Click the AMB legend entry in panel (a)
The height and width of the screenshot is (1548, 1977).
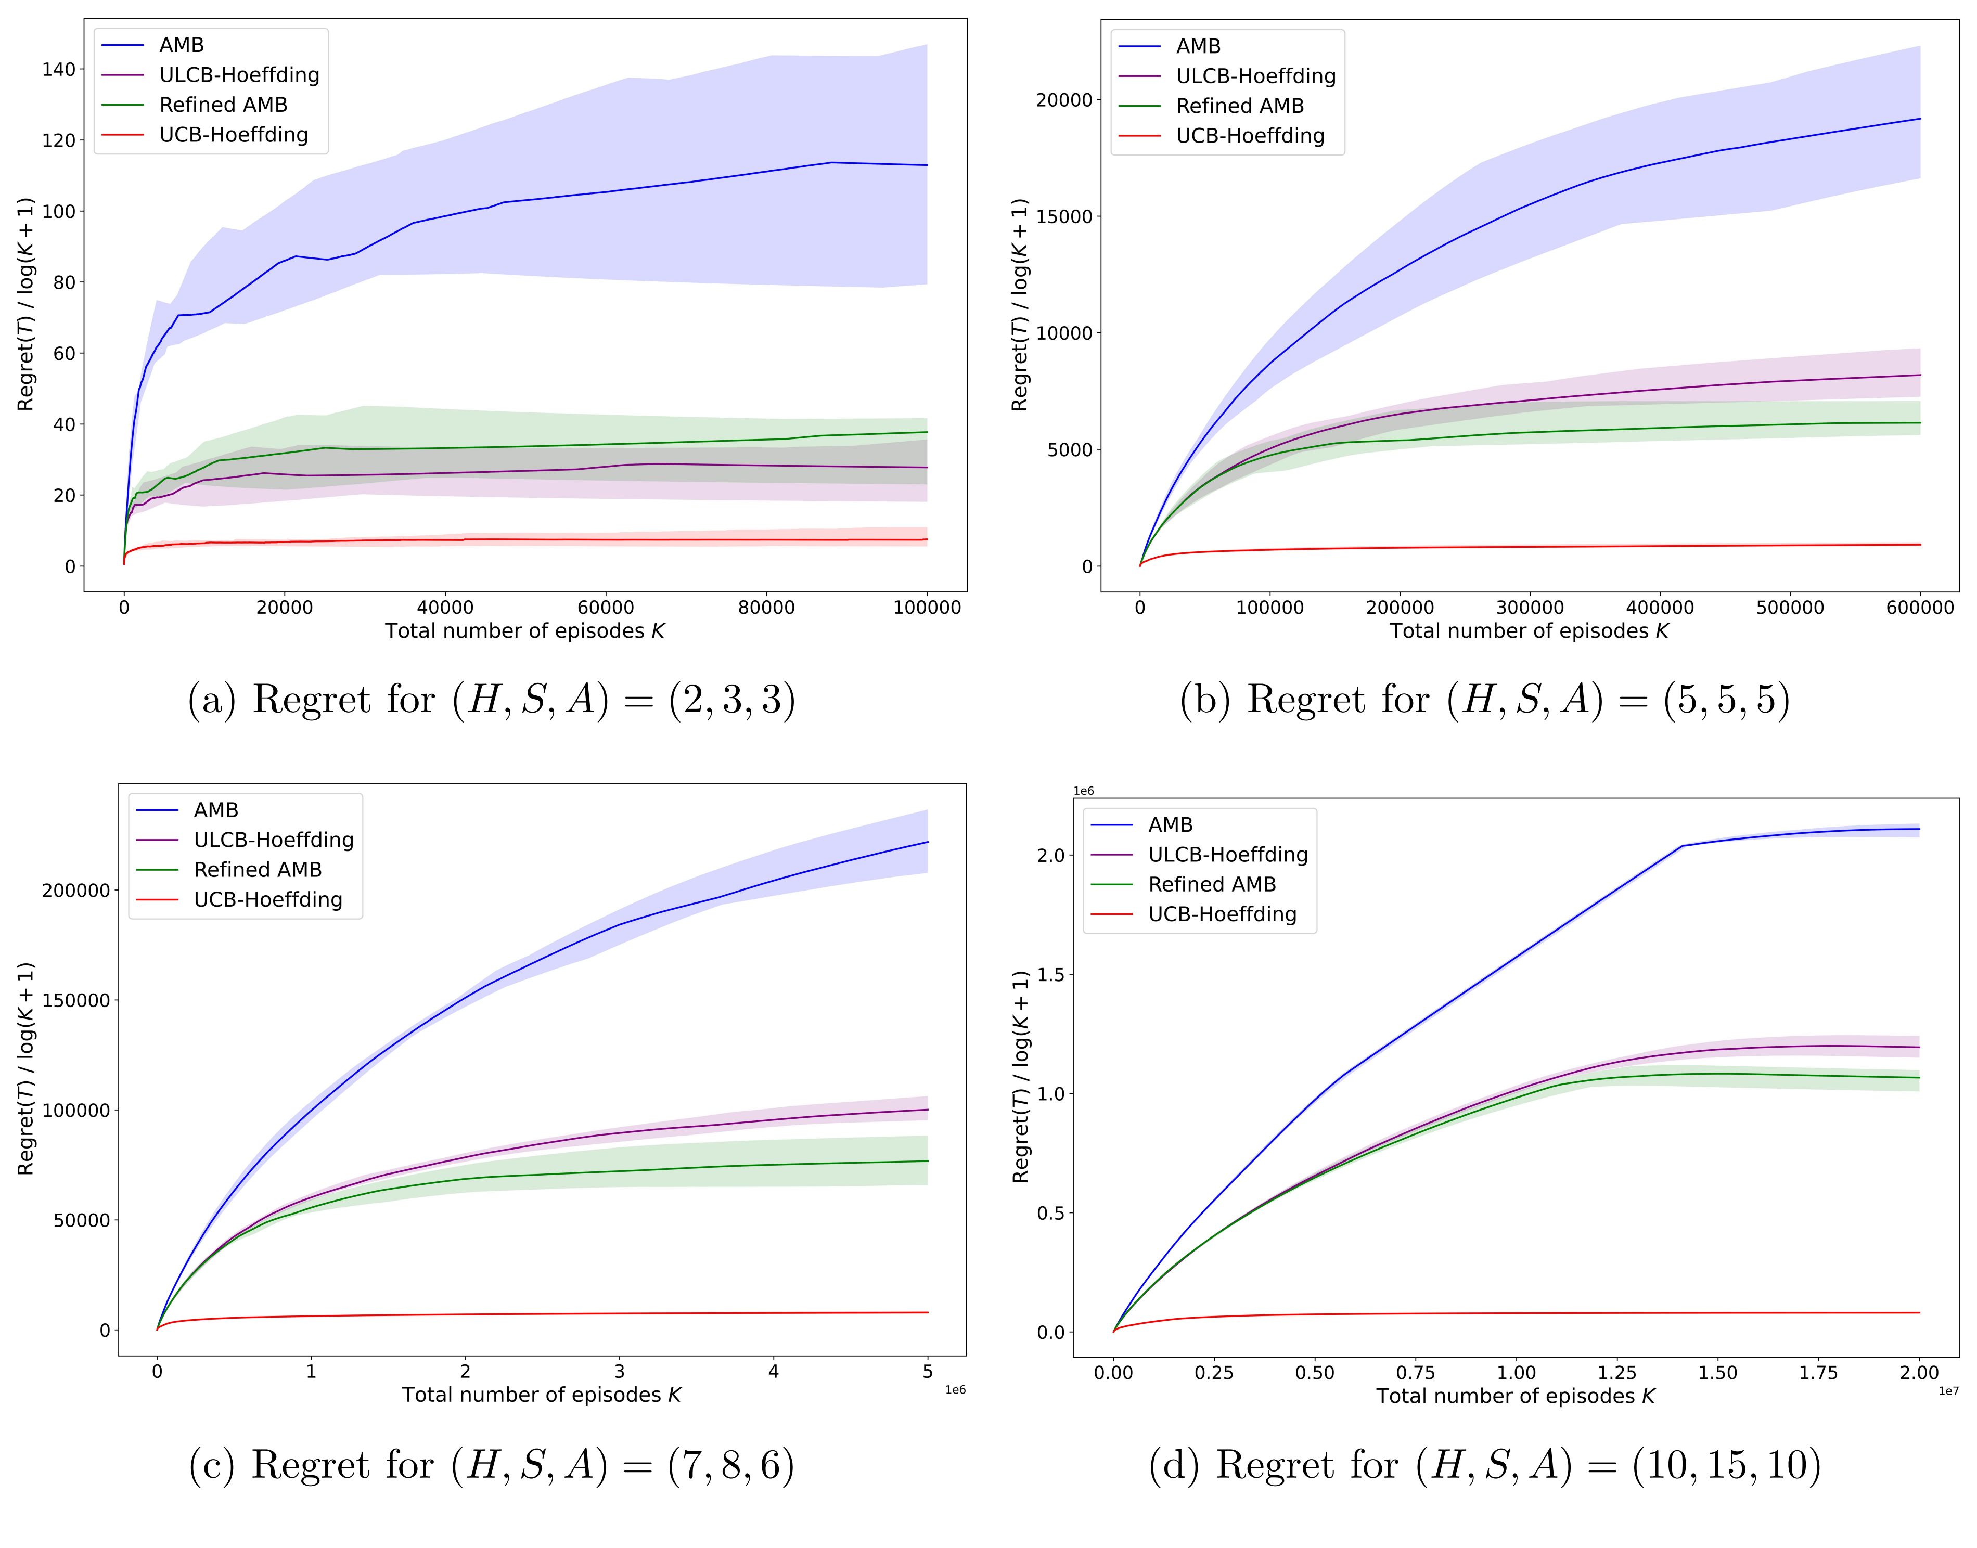(181, 45)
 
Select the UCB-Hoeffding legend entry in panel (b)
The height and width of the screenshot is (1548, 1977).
(1249, 136)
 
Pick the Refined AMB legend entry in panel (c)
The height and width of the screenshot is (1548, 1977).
(258, 870)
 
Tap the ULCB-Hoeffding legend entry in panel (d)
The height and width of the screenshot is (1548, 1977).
(1227, 855)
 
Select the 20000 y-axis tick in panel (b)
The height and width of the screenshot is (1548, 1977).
(1063, 100)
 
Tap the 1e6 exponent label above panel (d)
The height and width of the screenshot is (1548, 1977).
(1083, 791)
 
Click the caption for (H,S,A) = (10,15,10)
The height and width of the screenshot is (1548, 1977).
(1485, 1465)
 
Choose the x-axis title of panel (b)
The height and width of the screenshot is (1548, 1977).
(1529, 631)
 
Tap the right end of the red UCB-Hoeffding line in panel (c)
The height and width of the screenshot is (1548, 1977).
(927, 1312)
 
